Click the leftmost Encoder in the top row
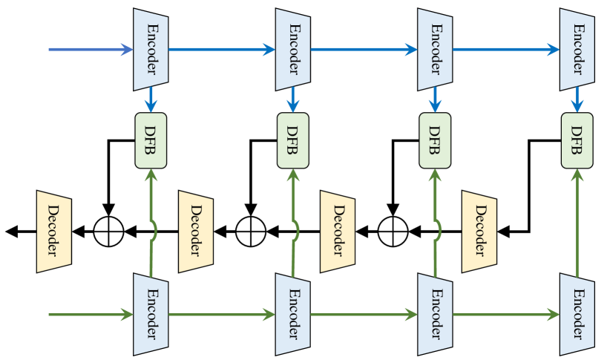(151, 50)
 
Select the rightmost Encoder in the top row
(577, 50)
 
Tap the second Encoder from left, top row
(292, 50)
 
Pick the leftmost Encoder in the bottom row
(151, 315)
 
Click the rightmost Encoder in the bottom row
(577, 315)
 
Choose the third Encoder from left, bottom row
(435, 315)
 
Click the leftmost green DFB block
(151, 140)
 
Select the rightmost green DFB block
(577, 140)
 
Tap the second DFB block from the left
(292, 140)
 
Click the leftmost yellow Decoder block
(53, 232)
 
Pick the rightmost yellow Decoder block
(479, 232)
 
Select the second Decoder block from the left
(196, 232)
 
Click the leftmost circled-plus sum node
(109, 232)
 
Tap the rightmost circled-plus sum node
(393, 232)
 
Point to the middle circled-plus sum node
(251, 232)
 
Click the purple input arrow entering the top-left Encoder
(91, 50)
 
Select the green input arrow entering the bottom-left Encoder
(91, 315)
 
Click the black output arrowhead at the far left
(12, 232)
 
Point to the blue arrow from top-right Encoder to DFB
(577, 99)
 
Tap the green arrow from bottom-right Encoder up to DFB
(577, 223)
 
